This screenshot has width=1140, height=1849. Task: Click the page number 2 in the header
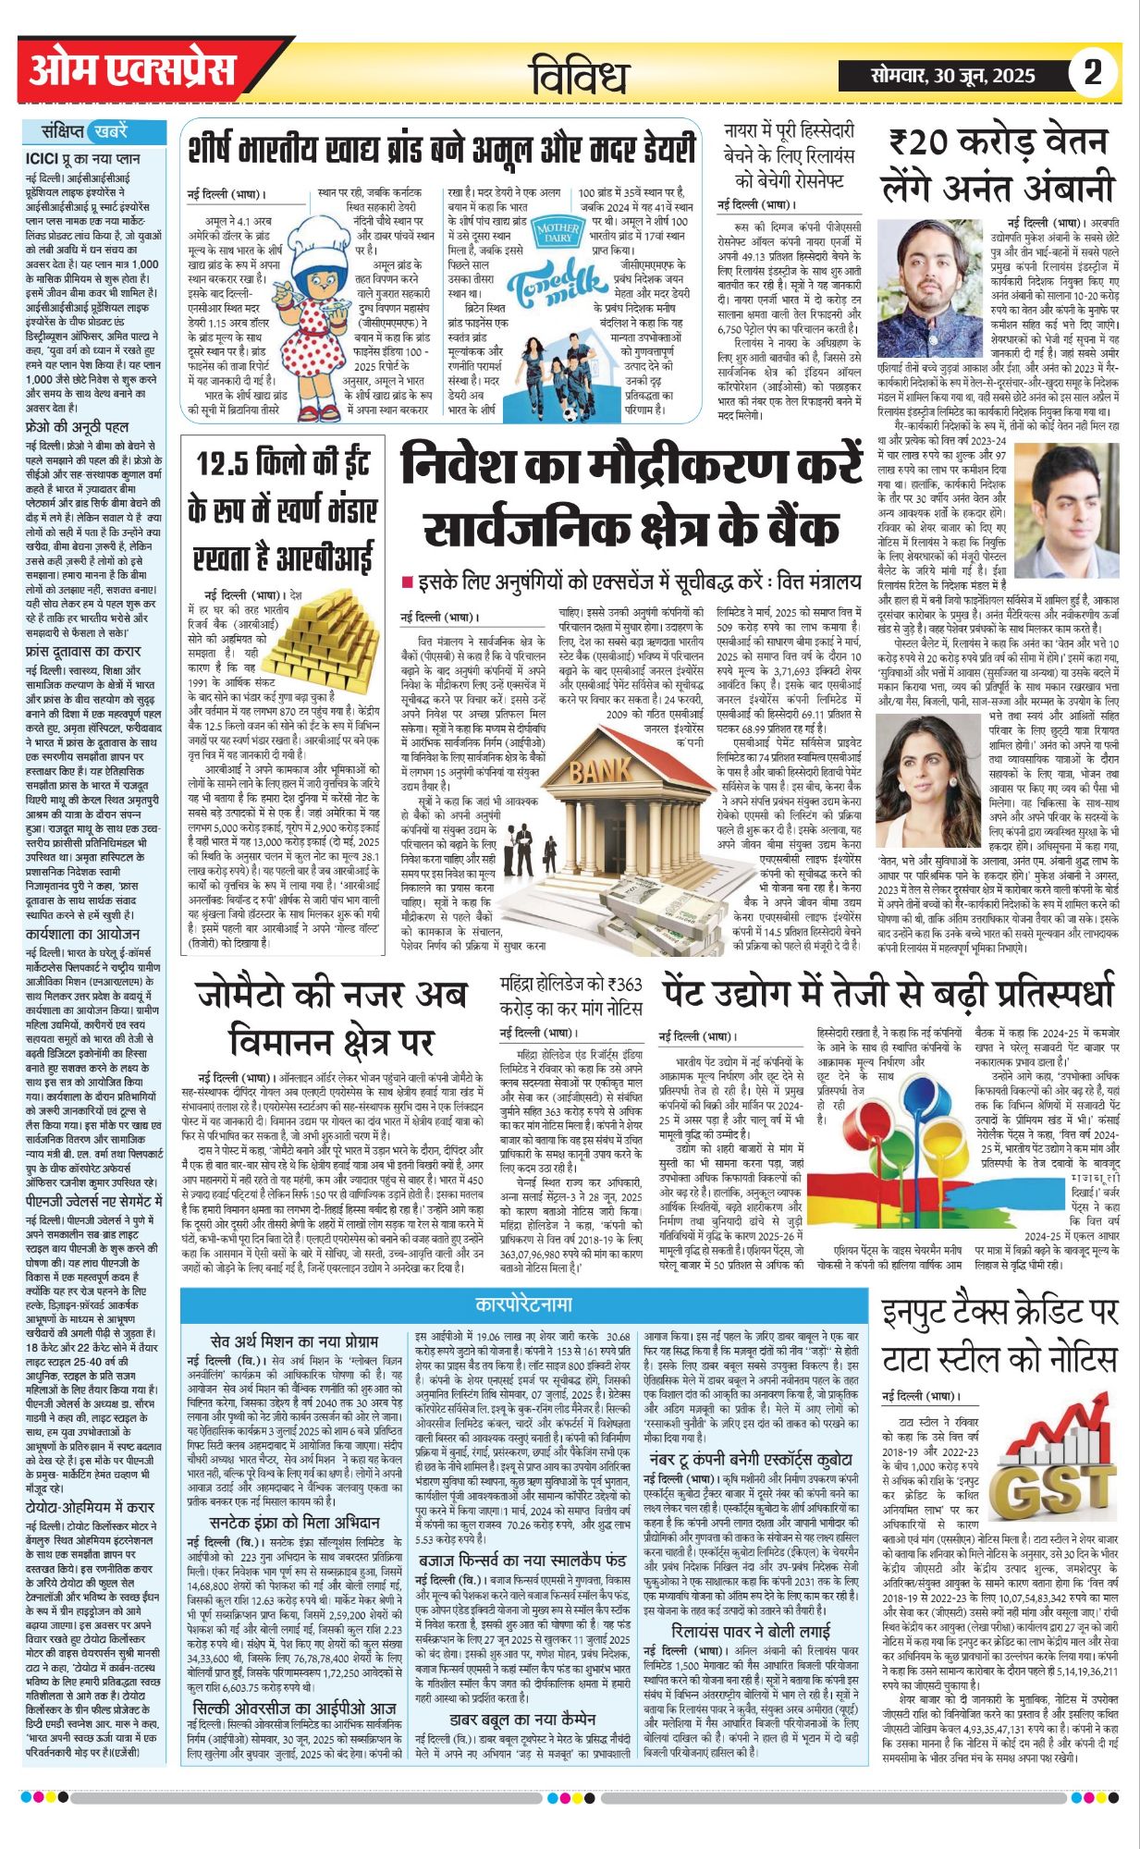pyautogui.click(x=1093, y=73)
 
